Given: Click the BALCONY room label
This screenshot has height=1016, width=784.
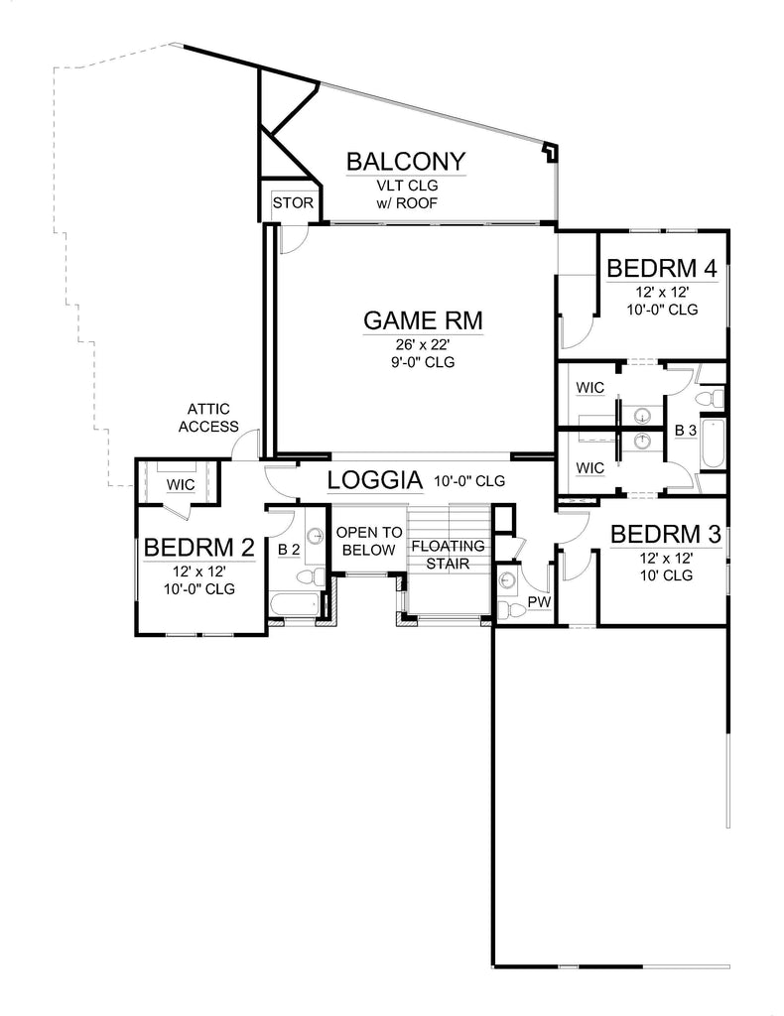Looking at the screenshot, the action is tap(406, 162).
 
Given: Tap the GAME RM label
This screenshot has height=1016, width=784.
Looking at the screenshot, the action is tap(423, 320).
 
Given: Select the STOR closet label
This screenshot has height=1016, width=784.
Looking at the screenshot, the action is tap(293, 202).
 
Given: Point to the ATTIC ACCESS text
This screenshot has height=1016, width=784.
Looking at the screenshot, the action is tap(208, 418).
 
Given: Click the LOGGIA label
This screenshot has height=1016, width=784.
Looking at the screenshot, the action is tap(375, 480).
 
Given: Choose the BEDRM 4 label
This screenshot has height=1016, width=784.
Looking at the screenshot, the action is tap(662, 268).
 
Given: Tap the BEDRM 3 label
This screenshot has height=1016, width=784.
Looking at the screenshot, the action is tap(666, 534).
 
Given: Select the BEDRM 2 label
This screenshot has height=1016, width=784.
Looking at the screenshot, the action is tap(198, 548).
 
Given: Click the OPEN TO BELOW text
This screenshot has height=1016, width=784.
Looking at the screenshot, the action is tap(369, 541).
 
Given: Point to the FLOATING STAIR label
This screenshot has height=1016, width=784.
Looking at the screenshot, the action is tap(448, 555).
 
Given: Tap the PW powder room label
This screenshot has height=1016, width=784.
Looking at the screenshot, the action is tap(539, 602).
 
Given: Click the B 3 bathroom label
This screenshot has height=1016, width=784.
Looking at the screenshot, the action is tap(686, 431).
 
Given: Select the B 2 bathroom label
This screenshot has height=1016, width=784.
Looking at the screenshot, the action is tap(289, 550).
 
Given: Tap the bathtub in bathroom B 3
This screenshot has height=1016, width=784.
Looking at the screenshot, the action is tap(713, 444).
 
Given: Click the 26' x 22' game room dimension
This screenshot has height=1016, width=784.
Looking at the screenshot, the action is tap(423, 344).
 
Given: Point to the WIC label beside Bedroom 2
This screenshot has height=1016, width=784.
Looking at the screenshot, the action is tap(181, 484).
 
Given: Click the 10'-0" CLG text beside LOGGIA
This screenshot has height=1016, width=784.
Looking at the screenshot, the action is tap(469, 481).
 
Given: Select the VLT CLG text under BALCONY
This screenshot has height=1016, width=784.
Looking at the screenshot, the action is tap(408, 186).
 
